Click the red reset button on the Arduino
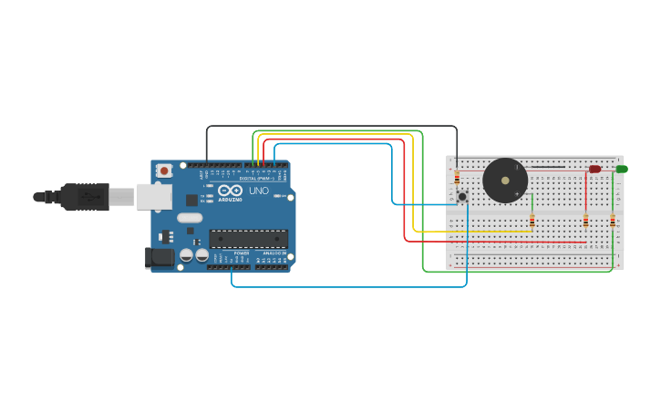coord(164,170)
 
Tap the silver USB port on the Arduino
coord(154,196)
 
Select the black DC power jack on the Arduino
coord(160,258)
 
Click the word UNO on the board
coord(259,191)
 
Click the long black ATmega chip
coord(248,239)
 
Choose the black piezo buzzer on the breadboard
coord(505,181)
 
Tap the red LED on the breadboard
coord(594,169)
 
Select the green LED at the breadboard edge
coord(621,169)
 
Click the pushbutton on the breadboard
coord(462,196)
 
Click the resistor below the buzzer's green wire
coord(532,221)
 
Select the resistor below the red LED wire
coord(585,221)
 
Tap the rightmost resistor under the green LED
coord(613,221)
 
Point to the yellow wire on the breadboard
coord(474,232)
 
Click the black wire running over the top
coord(328,126)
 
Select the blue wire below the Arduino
coord(346,287)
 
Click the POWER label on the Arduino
coord(242,253)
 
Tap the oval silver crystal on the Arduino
coord(190,218)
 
